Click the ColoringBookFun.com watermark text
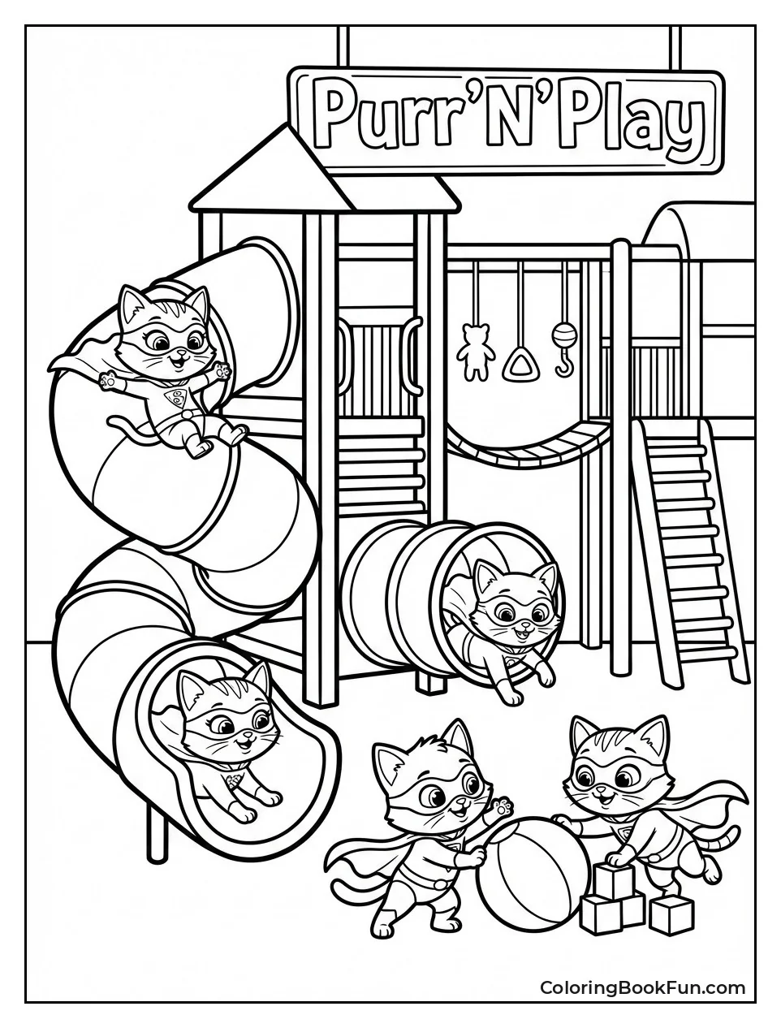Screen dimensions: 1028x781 [642, 988]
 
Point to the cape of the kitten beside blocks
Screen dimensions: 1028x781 [713, 792]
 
